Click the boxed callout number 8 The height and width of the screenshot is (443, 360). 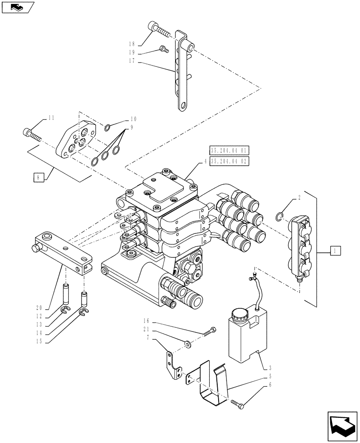(39, 178)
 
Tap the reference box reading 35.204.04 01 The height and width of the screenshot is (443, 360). (229, 150)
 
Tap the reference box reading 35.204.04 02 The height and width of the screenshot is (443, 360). (229, 161)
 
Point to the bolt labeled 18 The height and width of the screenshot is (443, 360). (160, 31)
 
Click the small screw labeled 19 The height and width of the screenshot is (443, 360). (163, 49)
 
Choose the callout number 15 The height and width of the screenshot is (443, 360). (39, 341)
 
